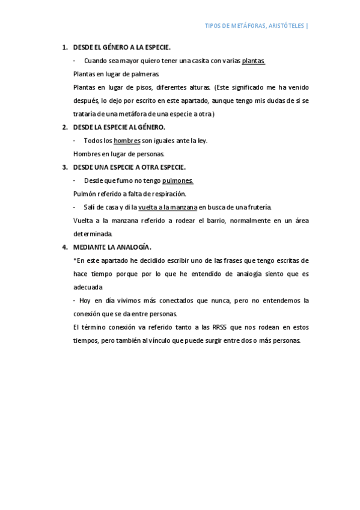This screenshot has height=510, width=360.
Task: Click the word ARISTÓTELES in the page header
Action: pos(284,26)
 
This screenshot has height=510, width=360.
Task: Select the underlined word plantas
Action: pos(253,61)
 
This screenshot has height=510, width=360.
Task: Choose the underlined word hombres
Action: pos(127,141)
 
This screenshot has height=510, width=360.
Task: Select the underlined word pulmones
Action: pos(177,180)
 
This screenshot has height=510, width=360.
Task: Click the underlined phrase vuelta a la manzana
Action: pos(168,207)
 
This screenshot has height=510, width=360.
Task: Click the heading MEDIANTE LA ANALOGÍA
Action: pos(112,247)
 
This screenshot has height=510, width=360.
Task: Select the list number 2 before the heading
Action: pos(65,127)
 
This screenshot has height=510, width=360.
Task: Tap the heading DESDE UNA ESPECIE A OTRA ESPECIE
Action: pos(129,167)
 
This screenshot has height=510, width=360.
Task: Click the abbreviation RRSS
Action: pos(222,327)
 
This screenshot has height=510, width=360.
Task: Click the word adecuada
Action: pos(87,287)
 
